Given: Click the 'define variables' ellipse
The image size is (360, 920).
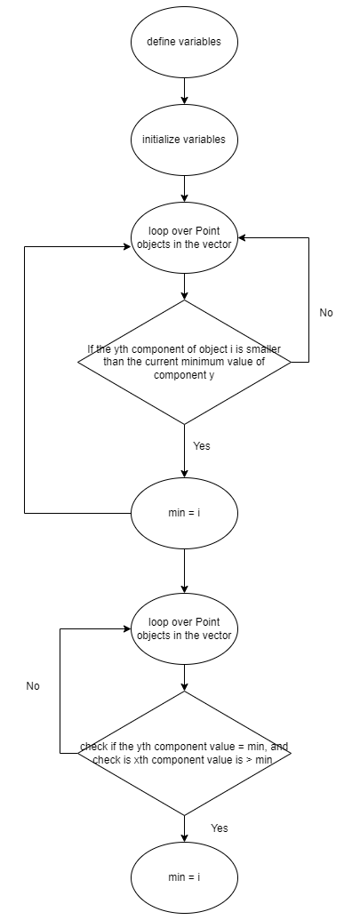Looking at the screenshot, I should (184, 42).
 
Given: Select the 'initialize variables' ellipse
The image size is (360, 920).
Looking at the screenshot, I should (184, 140).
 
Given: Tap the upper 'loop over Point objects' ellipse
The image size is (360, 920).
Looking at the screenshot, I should (184, 237).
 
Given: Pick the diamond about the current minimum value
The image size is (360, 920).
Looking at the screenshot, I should (184, 362).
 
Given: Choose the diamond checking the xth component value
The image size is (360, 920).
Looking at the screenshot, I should (184, 753).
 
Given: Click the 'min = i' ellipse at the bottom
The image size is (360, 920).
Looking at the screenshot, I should (184, 877).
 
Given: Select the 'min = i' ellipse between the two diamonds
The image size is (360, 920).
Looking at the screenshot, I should (184, 513).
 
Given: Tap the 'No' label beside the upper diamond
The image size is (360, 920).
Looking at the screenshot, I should (326, 313).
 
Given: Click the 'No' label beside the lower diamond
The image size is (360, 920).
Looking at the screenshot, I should (33, 686).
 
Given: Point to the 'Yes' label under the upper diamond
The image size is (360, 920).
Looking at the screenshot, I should (202, 446).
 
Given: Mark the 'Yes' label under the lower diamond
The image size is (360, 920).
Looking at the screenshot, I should (220, 828).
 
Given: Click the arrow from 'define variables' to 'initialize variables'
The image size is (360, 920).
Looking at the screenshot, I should (184, 91).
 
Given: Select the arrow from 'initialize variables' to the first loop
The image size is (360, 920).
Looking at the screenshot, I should (184, 188).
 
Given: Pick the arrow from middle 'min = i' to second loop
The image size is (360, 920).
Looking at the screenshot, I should (184, 571).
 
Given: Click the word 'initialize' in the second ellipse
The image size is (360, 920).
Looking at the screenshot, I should (160, 140).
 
